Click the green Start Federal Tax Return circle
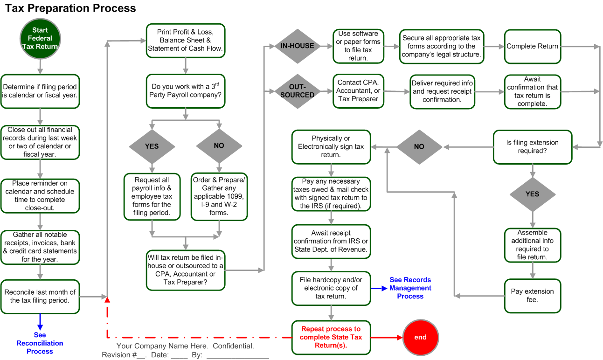tap(40, 38)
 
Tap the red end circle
tap(420, 337)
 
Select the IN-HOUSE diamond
tap(297, 46)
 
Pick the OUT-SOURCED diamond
tap(297, 91)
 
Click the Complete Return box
tap(532, 47)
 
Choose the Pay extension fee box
tap(532, 296)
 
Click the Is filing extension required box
tap(532, 147)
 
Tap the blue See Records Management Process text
tap(410, 288)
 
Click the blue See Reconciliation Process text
tap(40, 343)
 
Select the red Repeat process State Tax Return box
tap(331, 337)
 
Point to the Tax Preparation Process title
tap(70, 8)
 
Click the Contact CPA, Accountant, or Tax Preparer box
tap(359, 91)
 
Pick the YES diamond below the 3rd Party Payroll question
tap(152, 146)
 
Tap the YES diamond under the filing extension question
tap(532, 194)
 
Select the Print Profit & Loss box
tap(185, 41)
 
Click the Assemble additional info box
tap(532, 245)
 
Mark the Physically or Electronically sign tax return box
tap(331, 147)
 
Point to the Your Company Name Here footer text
tap(185, 346)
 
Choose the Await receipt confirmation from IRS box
tap(331, 241)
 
